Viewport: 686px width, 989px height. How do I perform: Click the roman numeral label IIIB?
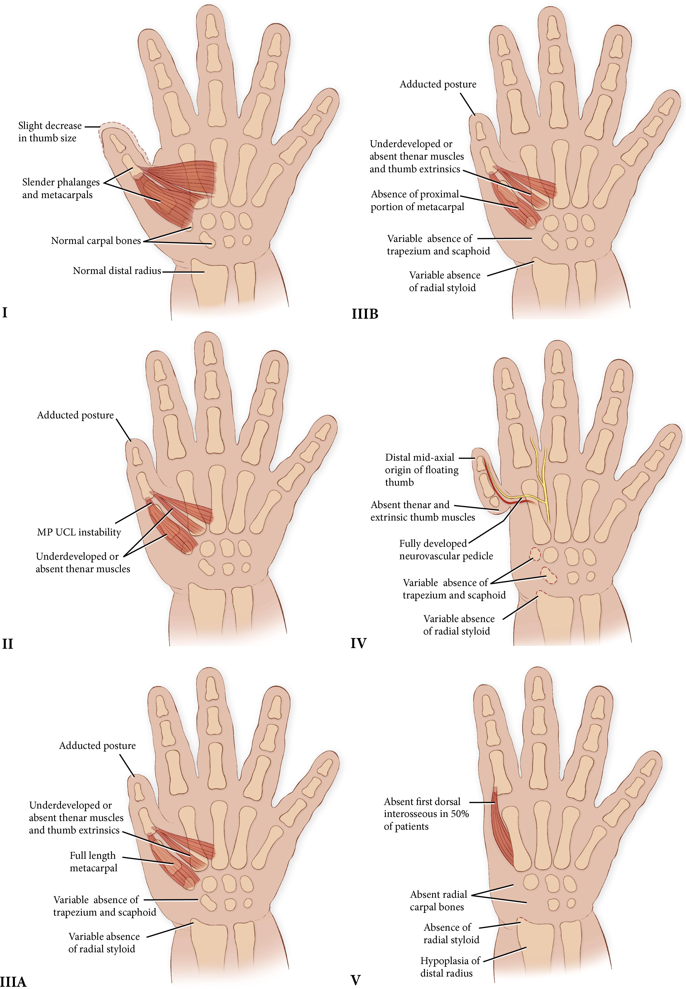click(365, 314)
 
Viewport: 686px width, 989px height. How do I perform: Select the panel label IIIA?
click(13, 982)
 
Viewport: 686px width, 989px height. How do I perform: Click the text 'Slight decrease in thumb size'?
click(49, 132)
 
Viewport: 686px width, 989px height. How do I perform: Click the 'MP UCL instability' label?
click(79, 532)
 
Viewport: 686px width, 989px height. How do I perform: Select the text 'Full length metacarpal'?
click(93, 862)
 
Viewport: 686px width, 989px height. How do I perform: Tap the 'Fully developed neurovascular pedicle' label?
click(446, 550)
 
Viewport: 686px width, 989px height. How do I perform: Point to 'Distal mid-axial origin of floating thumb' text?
click(421, 470)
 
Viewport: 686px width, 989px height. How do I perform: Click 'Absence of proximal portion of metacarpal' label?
click(417, 200)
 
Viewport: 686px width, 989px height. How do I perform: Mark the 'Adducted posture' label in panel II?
click(75, 415)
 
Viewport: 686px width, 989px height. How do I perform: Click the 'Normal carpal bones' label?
click(96, 241)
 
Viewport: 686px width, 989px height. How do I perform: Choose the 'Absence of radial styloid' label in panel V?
click(451, 933)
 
